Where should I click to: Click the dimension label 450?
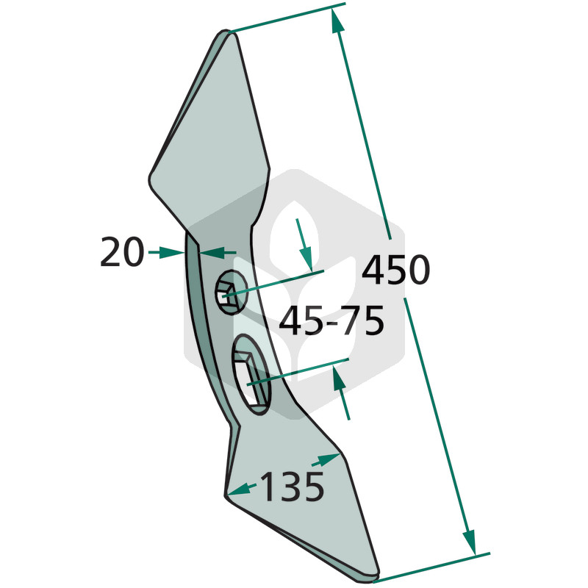pos(395,269)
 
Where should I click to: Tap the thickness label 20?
pos(122,251)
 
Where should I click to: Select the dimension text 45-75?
pos(331,320)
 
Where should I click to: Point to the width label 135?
pos(292,487)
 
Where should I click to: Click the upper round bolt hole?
pos(231,292)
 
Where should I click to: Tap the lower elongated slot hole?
pos(251,374)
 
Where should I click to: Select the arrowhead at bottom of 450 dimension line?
pos(470,542)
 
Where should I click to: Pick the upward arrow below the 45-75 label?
pos(342,393)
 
